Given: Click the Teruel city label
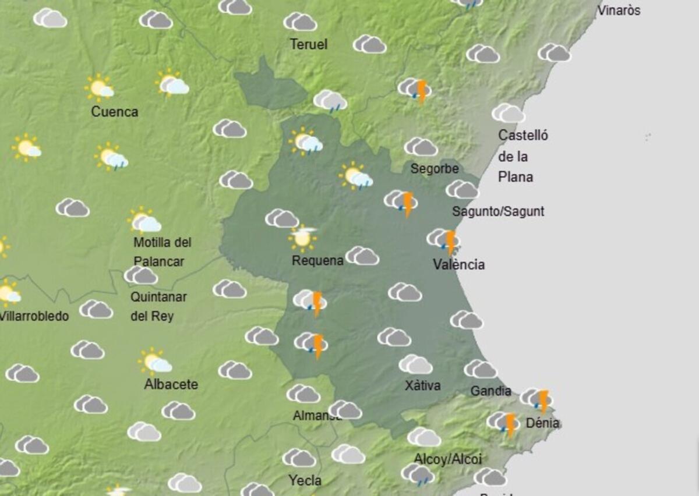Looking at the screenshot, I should pyautogui.click(x=308, y=44).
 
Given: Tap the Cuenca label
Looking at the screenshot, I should pyautogui.click(x=114, y=112).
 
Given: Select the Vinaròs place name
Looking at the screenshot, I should pyautogui.click(x=619, y=10).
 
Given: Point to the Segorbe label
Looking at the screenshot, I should pyautogui.click(x=435, y=169).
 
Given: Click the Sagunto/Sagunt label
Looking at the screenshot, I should pyautogui.click(x=498, y=211).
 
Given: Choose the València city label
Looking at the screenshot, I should pyautogui.click(x=458, y=265).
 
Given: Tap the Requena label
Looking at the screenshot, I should pyautogui.click(x=317, y=261).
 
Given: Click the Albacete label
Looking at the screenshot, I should pyautogui.click(x=171, y=384).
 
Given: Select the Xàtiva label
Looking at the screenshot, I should pyautogui.click(x=422, y=385).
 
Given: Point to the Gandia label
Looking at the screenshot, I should pyautogui.click(x=490, y=391).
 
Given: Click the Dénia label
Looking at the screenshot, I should pyautogui.click(x=542, y=423).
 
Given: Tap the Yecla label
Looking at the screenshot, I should pyautogui.click(x=305, y=481).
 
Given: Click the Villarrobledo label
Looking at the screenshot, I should pyautogui.click(x=34, y=317).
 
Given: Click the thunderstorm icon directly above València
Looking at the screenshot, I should pyautogui.click(x=444, y=240).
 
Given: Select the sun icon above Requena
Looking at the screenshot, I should pyautogui.click(x=302, y=237).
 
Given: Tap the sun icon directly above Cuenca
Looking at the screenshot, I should pyautogui.click(x=99, y=88).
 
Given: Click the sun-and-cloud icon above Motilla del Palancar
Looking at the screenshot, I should pyautogui.click(x=144, y=221).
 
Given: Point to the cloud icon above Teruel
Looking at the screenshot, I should pyautogui.click(x=300, y=22).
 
